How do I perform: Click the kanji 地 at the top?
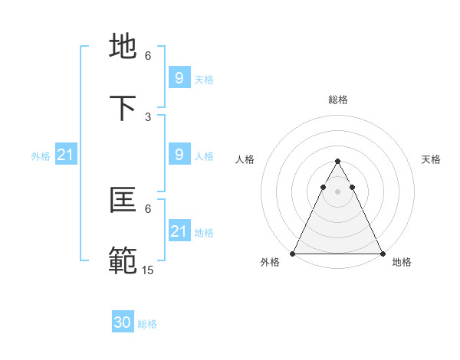(124, 47)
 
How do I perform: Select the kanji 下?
(124, 109)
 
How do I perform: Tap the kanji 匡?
(124, 201)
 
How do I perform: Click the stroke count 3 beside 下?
(148, 117)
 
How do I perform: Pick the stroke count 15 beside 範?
(148, 270)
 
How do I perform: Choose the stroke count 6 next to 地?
(148, 56)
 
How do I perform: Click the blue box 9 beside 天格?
(179, 77)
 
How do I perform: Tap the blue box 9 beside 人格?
(179, 155)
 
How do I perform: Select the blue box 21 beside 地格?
(179, 231)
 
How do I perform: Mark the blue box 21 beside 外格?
(65, 155)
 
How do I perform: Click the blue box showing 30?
(123, 322)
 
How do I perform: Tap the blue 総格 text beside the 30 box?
(147, 324)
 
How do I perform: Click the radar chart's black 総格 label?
(338, 100)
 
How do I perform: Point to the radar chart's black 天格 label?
(431, 159)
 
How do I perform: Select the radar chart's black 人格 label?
(245, 159)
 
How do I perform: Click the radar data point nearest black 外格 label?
(293, 254)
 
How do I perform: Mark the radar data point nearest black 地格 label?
(383, 254)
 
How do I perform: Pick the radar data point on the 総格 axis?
(338, 162)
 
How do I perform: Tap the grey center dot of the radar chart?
(338, 191)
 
